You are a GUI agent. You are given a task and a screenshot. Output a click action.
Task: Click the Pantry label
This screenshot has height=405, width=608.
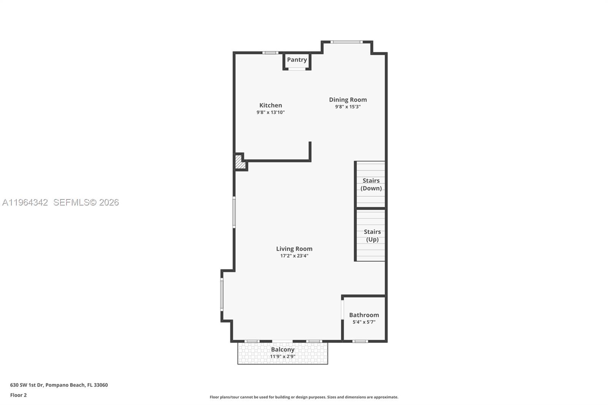click(x=297, y=60)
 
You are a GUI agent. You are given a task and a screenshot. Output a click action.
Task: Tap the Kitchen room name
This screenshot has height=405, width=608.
click(x=271, y=105)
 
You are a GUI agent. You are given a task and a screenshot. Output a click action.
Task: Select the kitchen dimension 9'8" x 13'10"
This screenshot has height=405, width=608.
click(x=271, y=112)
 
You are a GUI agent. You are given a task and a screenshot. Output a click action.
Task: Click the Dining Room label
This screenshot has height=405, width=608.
click(x=348, y=100)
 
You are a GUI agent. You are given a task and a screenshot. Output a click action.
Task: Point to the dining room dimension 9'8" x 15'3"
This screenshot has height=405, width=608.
click(x=348, y=107)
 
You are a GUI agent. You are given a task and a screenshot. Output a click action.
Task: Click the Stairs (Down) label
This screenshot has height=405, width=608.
click(x=371, y=184)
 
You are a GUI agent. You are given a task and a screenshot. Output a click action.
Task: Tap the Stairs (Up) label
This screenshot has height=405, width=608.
click(x=372, y=236)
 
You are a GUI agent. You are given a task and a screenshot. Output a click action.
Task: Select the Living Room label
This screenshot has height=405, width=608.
click(x=294, y=249)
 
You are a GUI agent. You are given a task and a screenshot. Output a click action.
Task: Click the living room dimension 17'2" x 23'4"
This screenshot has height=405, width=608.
click(x=294, y=256)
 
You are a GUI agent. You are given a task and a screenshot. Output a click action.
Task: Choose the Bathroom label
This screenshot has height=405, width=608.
click(x=364, y=315)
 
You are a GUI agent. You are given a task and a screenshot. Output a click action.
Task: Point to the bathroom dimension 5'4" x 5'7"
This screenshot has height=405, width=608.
click(x=364, y=322)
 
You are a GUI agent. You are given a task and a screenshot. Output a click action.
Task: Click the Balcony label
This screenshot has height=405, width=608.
click(x=282, y=350)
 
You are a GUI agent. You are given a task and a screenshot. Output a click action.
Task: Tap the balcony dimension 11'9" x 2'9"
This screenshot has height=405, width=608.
click(x=282, y=357)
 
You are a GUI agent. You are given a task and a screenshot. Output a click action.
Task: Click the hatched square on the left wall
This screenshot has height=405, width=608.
click(x=239, y=162)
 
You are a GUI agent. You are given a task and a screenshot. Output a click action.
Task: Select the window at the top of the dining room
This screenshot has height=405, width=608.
click(x=346, y=42)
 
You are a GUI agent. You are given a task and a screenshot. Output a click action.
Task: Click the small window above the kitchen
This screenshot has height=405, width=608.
click(x=270, y=53)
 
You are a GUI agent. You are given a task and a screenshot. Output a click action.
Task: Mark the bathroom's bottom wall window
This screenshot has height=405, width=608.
click(x=360, y=341)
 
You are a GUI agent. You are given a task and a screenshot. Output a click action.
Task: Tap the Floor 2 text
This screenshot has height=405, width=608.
click(x=18, y=395)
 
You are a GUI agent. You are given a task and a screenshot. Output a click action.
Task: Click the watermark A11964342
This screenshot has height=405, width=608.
click(x=25, y=202)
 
